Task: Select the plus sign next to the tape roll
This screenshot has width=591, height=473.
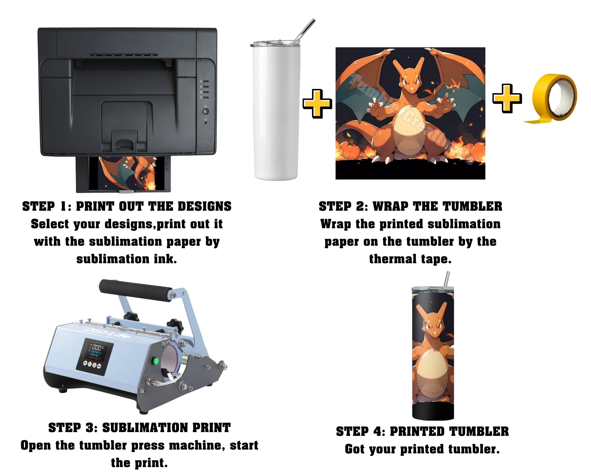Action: point(507,98)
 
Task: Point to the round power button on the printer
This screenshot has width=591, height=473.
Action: point(205,112)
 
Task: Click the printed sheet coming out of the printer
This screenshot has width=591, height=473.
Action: point(127,173)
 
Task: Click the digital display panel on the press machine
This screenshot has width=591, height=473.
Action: point(94,356)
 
